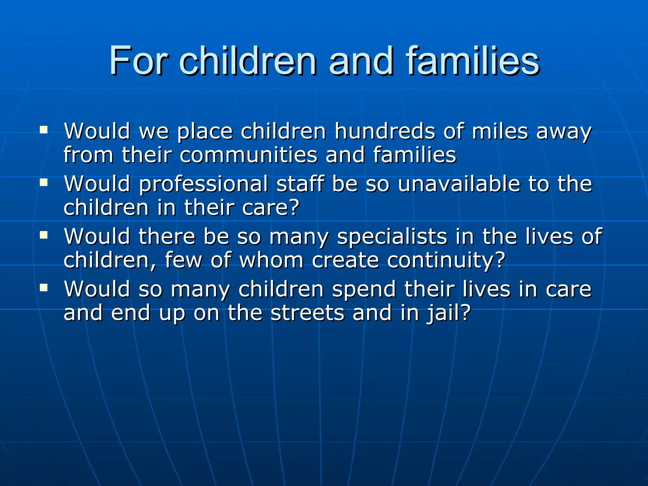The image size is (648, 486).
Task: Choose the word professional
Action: point(203,184)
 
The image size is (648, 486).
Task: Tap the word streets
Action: point(307,313)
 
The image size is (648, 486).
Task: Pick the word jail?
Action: point(448,313)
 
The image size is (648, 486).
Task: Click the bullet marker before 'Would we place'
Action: point(44,130)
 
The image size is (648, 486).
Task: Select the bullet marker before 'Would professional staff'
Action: point(44,183)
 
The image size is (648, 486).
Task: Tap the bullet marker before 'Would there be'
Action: point(44,235)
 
